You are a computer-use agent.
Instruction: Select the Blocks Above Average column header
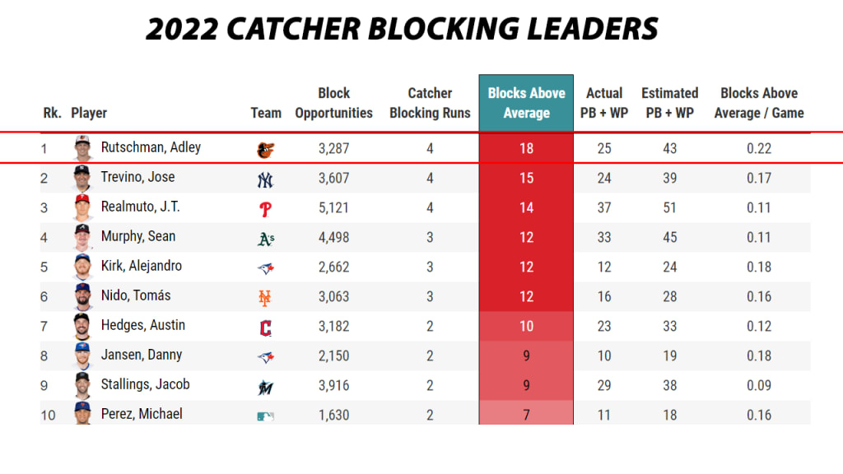526,103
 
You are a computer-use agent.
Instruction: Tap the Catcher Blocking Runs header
430,103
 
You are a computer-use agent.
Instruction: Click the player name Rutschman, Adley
151,148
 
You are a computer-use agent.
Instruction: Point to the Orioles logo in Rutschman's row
265,150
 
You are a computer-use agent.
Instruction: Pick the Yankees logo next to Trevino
265,179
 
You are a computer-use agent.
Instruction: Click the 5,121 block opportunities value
333,207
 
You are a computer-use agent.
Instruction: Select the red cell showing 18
526,149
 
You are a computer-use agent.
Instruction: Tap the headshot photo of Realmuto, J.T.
82,207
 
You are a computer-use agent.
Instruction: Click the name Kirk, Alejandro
141,267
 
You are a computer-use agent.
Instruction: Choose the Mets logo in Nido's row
265,297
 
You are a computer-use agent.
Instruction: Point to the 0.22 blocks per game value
758,148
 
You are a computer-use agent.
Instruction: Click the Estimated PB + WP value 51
669,207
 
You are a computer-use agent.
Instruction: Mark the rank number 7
44,326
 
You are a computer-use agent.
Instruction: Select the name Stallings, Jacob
145,385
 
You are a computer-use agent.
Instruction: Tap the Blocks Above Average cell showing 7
526,415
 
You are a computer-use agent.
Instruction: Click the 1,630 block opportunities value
333,415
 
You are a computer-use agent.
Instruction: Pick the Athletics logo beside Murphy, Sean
265,239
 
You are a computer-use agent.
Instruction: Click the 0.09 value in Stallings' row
758,385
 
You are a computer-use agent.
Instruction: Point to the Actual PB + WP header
604,103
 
